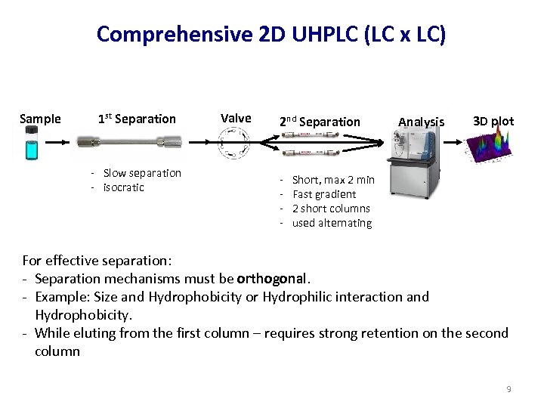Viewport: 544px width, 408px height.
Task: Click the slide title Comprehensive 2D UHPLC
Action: [x=271, y=35]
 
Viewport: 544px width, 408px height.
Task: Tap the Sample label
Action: [x=40, y=119]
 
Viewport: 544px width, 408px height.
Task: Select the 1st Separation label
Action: [x=137, y=119]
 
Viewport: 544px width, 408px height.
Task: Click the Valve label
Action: [x=236, y=118]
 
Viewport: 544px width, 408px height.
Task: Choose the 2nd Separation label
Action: [x=320, y=122]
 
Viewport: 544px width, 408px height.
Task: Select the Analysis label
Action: [x=421, y=122]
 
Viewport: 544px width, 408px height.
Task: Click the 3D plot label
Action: [x=493, y=121]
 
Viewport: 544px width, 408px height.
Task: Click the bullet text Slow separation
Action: [x=142, y=173]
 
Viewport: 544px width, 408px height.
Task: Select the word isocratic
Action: [x=124, y=187]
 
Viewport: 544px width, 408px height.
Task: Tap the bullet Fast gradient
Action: [x=324, y=194]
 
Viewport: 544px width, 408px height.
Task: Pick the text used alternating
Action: [x=332, y=223]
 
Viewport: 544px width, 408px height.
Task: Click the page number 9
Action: [x=508, y=389]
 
